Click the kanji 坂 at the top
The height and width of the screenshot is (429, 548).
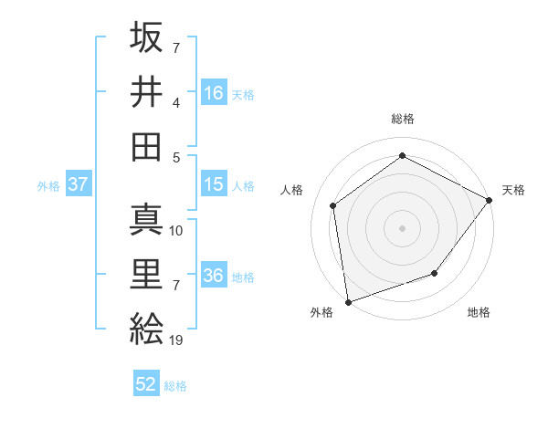pos(147,37)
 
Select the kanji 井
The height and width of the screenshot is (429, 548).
pos(147,90)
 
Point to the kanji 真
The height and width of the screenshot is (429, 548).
pos(147,219)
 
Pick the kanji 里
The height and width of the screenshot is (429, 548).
pos(147,273)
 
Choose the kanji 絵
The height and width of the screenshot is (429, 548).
pos(147,327)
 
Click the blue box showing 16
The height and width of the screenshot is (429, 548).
pos(214,92)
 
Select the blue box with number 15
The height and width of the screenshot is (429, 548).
pos(214,184)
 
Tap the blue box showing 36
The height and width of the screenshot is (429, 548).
pos(214,276)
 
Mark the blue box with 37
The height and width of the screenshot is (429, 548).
pos(79,184)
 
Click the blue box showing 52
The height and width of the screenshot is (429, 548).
pos(146,384)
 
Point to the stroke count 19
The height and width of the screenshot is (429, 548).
pos(177,340)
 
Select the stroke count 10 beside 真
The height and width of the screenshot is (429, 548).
pos(177,231)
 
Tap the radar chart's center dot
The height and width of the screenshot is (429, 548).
pos(402,227)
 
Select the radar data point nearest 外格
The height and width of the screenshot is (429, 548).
pos(348,301)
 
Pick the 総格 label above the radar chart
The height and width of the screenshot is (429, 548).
pos(402,119)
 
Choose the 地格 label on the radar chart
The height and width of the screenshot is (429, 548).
pos(479,312)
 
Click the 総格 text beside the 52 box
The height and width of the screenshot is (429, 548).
pos(175,386)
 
